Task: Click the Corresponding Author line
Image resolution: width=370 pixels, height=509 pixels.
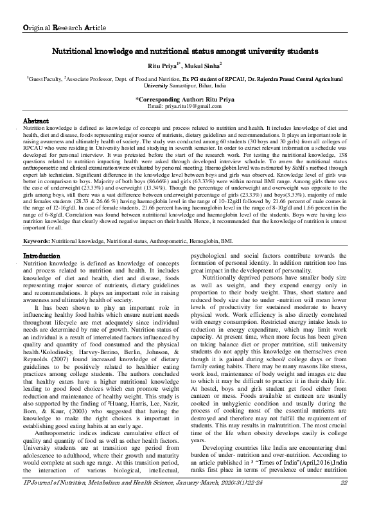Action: click(184, 99)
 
